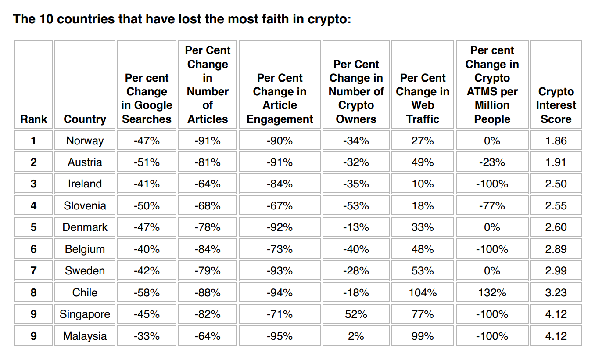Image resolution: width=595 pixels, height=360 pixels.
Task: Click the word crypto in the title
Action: [x=329, y=20]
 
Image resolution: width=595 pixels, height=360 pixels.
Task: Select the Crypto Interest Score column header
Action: [x=556, y=105]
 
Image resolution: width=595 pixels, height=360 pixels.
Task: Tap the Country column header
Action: [x=85, y=119]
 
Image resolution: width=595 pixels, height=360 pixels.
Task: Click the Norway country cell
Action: [x=85, y=140]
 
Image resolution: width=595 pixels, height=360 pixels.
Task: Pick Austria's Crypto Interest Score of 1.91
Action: [x=556, y=162]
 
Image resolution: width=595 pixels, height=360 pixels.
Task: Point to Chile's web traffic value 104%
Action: [x=423, y=292]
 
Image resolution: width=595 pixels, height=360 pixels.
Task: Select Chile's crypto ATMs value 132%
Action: [x=492, y=292]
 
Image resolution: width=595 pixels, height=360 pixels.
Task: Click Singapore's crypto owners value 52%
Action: [x=356, y=314]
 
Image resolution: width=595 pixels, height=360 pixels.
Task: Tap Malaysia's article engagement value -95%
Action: [x=280, y=336]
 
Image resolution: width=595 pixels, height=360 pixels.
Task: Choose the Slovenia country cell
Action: [x=85, y=205]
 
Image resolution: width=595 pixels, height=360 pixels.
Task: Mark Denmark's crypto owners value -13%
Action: [x=356, y=227]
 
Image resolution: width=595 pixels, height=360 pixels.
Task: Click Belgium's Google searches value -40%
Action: [x=147, y=249]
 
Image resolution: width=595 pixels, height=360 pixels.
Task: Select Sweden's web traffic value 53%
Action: [x=423, y=271]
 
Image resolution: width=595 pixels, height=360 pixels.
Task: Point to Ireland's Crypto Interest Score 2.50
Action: [x=556, y=184]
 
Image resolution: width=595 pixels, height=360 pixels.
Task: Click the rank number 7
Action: [x=33, y=271]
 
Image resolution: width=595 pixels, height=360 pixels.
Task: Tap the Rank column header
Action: [x=33, y=119]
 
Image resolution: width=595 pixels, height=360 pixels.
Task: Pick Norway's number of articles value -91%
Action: [x=208, y=140]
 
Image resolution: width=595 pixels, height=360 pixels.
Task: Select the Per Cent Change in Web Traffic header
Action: [x=423, y=98]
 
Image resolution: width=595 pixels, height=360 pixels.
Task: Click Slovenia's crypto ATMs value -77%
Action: [x=492, y=205]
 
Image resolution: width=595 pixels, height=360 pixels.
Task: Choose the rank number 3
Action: [x=33, y=184]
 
